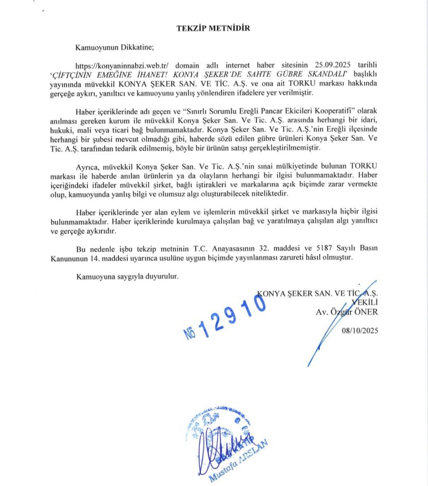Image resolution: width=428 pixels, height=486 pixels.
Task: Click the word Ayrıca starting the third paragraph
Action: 88,167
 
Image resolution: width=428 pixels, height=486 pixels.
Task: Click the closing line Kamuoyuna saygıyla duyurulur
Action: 128,276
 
